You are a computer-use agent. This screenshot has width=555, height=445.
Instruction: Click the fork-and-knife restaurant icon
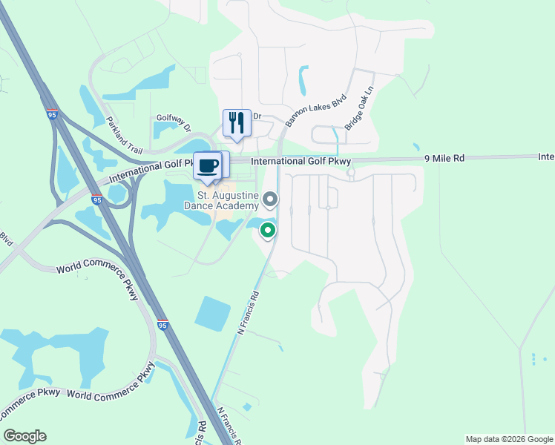[237, 123]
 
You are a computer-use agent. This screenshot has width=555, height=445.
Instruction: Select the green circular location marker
[268, 231]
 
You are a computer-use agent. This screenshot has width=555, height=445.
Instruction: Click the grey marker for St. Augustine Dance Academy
[271, 199]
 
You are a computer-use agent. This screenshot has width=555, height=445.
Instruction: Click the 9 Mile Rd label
[444, 158]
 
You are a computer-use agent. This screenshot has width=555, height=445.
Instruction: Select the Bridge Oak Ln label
[358, 111]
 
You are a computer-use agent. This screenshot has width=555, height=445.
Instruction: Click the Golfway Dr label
[174, 118]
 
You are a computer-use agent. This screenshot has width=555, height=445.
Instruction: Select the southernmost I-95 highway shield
[162, 325]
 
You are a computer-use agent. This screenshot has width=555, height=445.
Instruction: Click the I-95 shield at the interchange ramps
[97, 200]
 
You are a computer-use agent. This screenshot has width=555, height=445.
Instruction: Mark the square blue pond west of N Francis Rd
[213, 314]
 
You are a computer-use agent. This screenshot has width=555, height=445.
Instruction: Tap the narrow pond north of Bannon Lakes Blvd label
[303, 80]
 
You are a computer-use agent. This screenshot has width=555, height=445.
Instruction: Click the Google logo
[24, 436]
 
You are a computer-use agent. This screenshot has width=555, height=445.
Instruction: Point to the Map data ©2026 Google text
[509, 439]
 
